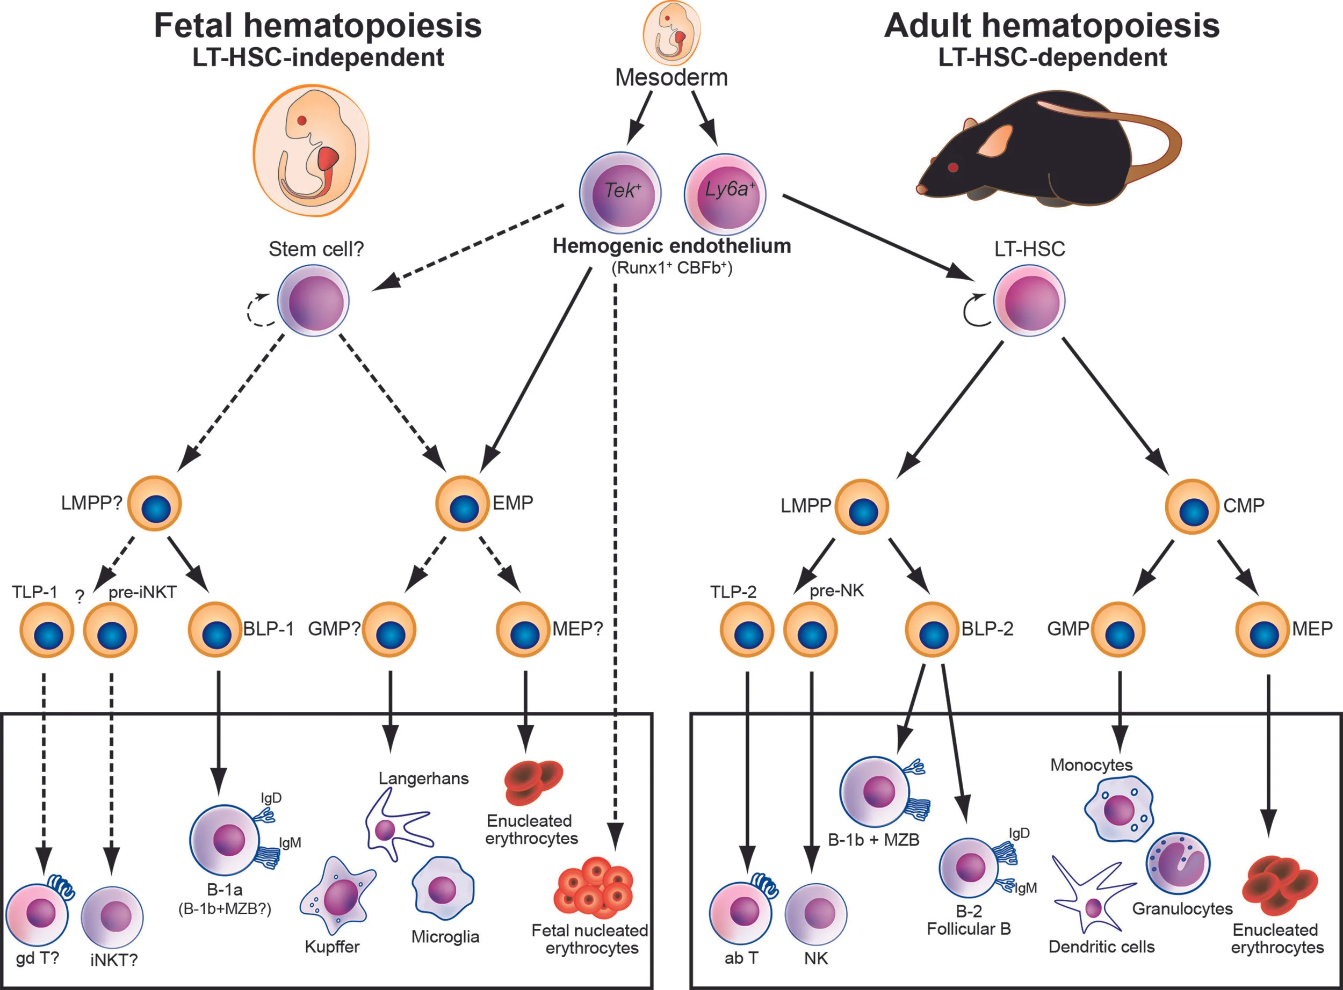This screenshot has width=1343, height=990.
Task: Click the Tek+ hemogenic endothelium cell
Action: [620, 193]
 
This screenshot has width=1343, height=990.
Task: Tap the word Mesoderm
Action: [671, 77]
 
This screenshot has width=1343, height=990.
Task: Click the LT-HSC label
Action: [1029, 249]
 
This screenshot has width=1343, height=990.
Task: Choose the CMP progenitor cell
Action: [1192, 506]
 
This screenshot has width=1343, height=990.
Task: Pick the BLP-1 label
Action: [268, 629]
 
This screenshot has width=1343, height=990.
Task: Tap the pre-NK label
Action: [836, 591]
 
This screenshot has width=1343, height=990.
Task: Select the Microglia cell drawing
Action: [443, 888]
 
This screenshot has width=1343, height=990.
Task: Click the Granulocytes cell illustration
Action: [1178, 863]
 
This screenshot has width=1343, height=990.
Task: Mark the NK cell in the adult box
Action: [815, 914]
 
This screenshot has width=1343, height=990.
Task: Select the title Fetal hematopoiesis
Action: [318, 26]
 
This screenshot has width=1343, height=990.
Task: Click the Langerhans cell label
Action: [423, 778]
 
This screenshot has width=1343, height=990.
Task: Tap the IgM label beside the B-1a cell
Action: [290, 842]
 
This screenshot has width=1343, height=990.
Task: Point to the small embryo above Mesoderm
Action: [671, 33]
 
